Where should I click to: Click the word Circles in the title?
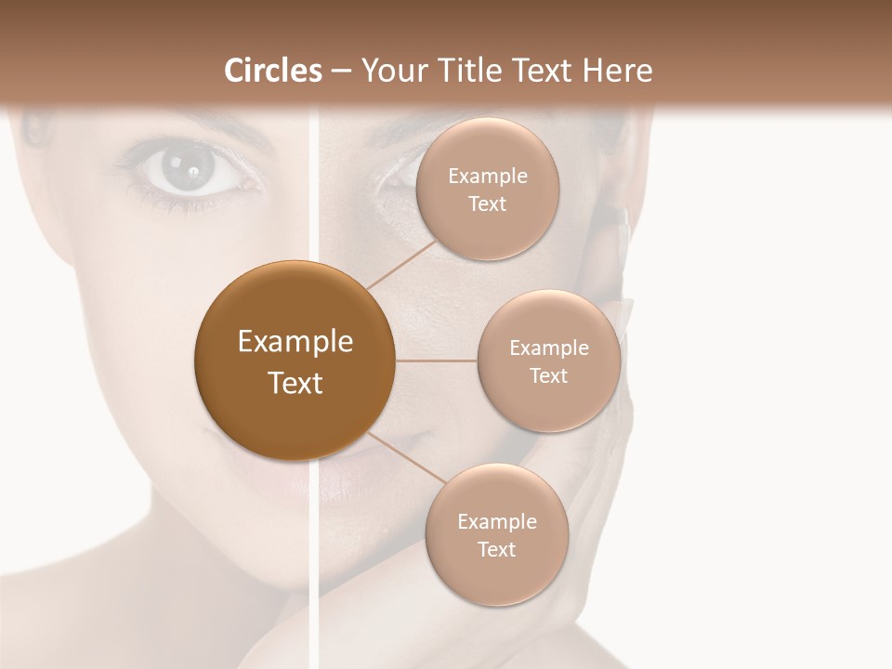272,71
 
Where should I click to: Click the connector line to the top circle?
401,263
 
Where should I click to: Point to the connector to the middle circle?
437,361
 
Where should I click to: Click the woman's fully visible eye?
190,170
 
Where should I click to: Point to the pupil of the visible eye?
190,169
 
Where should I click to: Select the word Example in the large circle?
295,342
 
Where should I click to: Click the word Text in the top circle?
488,203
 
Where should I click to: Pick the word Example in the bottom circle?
496,521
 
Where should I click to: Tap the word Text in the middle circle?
548,375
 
